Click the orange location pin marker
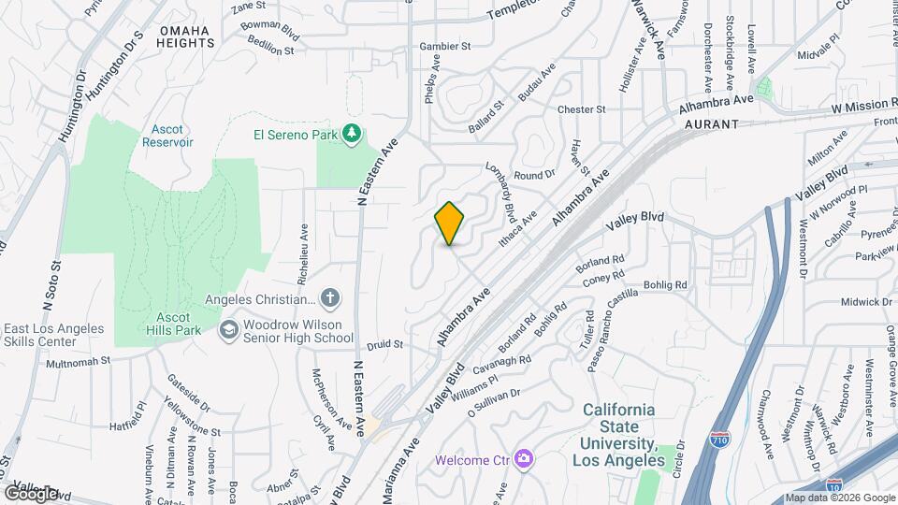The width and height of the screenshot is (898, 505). coord(449,223)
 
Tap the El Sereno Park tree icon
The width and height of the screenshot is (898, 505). coord(352,135)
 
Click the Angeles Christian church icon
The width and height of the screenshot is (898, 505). coord(329,299)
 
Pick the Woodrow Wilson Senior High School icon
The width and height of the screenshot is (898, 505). coord(229,329)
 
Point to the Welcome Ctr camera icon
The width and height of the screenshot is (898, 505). coord(524,459)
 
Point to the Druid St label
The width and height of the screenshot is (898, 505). coord(384,344)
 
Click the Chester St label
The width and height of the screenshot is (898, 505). coord(582,109)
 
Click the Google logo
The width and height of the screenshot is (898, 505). coord(31,493)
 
